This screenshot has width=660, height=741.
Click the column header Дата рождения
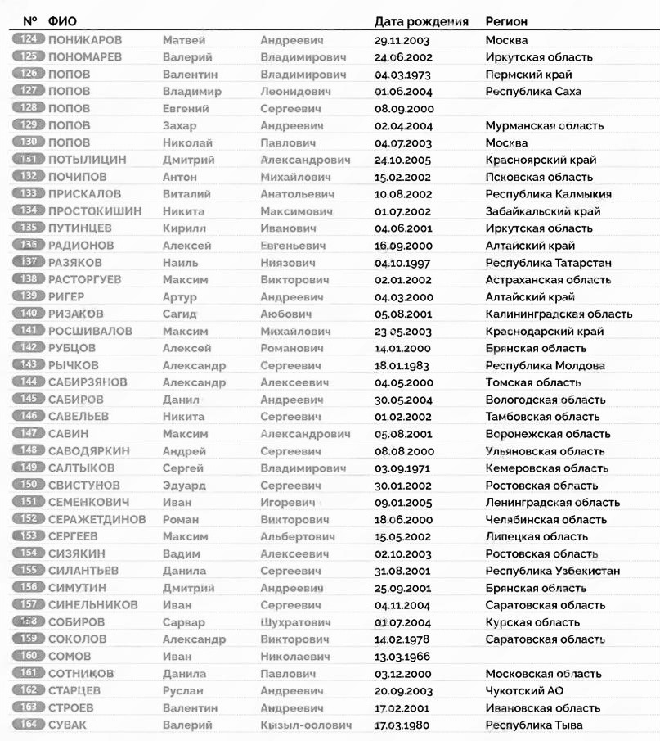click(421, 21)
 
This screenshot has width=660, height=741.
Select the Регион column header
click(506, 21)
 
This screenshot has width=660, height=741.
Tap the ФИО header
click(62, 21)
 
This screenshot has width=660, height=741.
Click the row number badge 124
click(29, 40)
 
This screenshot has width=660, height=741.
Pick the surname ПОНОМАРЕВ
click(85, 57)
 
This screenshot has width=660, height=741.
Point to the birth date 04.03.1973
click(402, 75)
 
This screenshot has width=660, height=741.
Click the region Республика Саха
click(533, 92)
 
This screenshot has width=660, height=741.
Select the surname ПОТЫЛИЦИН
click(88, 160)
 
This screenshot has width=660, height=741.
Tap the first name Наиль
click(180, 263)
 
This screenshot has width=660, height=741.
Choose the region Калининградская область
click(559, 314)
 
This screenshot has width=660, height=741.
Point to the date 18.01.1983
click(402, 365)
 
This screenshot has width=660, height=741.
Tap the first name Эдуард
click(184, 486)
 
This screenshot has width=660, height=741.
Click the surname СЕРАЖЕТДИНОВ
click(97, 520)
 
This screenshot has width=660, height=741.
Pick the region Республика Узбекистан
click(552, 571)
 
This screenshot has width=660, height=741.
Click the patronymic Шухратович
click(296, 622)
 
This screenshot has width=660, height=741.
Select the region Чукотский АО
click(524, 691)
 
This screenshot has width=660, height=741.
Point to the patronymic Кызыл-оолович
click(306, 725)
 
